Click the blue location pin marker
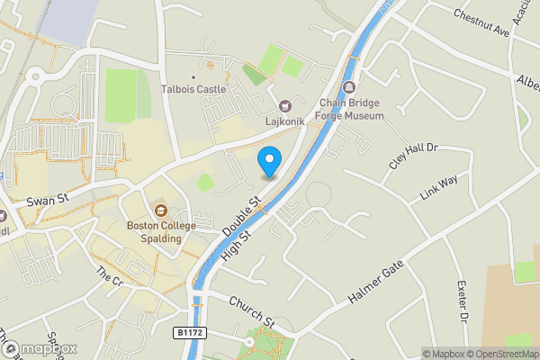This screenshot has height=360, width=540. [x=268, y=162]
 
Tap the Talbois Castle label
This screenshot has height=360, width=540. [x=193, y=89]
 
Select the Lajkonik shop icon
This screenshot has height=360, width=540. [x=286, y=105]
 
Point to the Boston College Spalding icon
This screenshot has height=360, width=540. [x=160, y=211]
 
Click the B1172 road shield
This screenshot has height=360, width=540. [x=190, y=333]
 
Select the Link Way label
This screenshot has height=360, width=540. [x=438, y=188]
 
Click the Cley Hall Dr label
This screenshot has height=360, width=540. [x=412, y=156]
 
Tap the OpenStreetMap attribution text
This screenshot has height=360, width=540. [x=500, y=354]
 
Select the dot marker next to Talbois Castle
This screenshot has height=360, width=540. [x=193, y=77]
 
